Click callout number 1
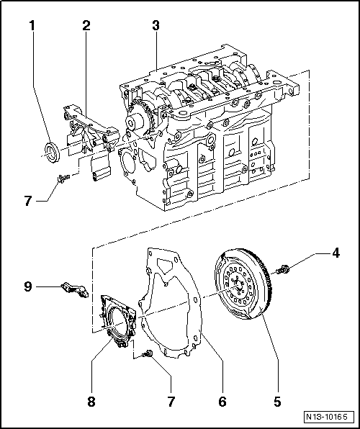click(x=32, y=27)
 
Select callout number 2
click(x=86, y=27)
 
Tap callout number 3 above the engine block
click(x=156, y=27)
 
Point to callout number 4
click(x=336, y=253)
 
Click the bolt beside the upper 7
click(x=60, y=176)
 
